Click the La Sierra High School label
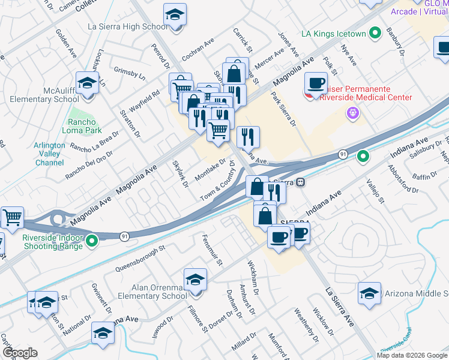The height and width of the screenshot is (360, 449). click(127, 27)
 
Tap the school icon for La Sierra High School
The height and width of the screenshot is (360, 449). click(175, 16)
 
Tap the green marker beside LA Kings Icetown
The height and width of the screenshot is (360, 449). click(376, 34)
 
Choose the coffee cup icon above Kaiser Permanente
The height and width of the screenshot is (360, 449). click(316, 83)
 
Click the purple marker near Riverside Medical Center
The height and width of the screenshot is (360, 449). click(352, 113)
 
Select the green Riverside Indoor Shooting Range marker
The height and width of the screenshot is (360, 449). click(92, 242)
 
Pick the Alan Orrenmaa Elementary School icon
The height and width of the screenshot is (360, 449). click(195, 280)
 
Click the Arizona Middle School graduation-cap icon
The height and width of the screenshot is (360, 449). click(369, 293)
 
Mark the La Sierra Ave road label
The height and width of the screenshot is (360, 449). click(340, 307)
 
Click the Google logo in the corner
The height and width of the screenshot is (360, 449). click(19, 353)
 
